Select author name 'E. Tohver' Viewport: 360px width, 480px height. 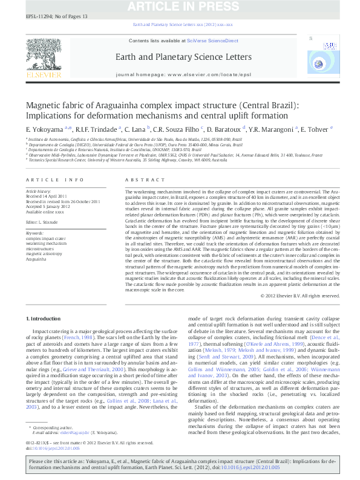point(318,129)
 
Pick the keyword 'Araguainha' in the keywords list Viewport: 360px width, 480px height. point(37,259)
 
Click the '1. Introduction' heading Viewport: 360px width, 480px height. point(44,319)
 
